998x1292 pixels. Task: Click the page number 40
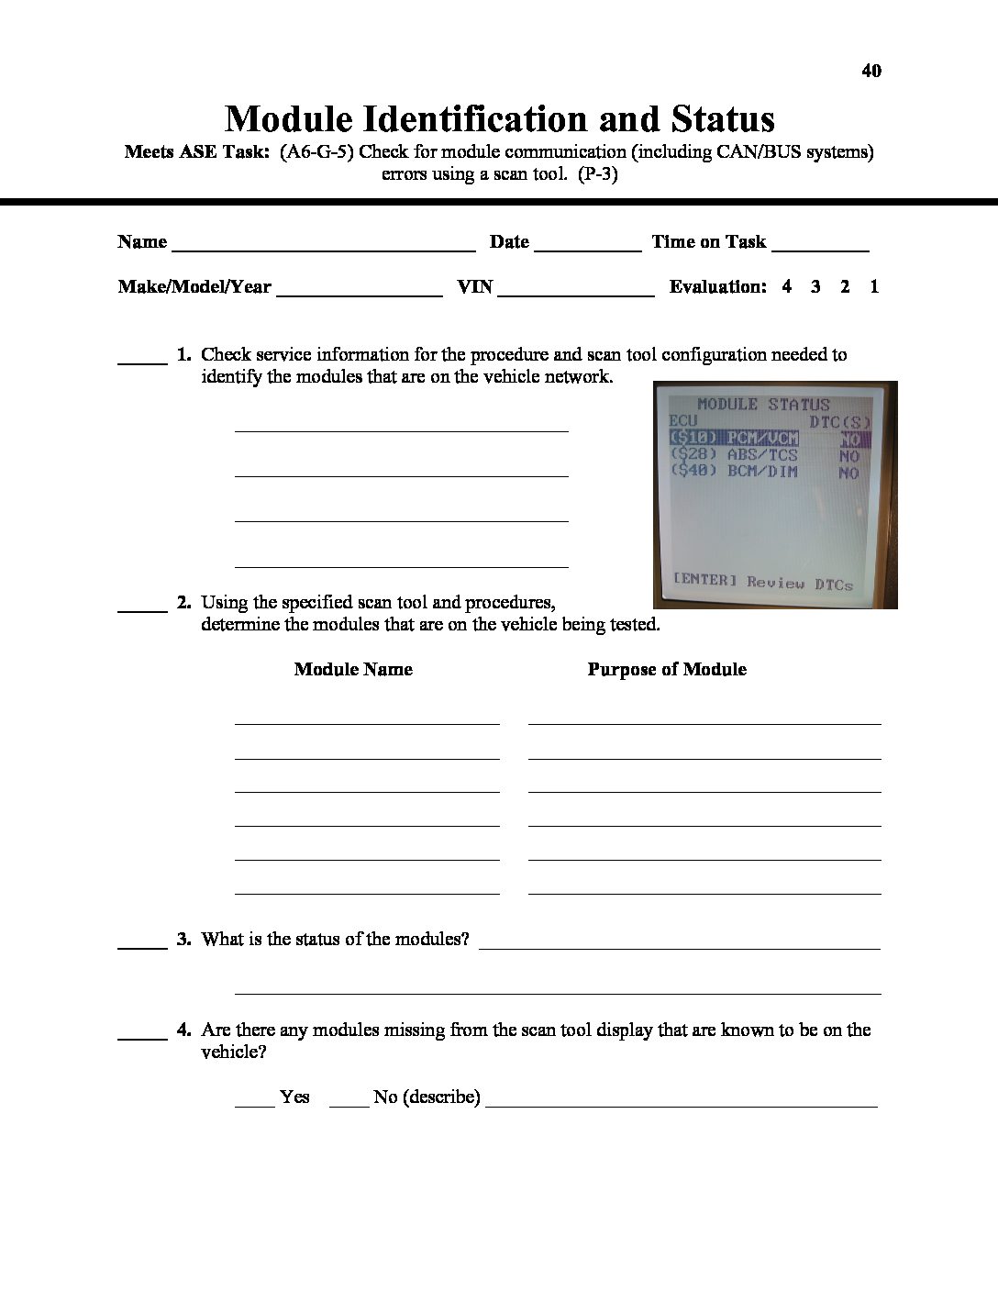(x=871, y=71)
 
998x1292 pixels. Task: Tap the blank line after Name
(x=323, y=248)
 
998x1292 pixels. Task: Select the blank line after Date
(x=587, y=248)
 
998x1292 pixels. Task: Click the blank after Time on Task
(x=820, y=248)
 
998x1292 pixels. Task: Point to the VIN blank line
(x=576, y=294)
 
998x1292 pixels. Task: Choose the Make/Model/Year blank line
(x=359, y=294)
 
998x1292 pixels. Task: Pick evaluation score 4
(x=787, y=286)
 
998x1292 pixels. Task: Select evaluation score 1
(x=874, y=286)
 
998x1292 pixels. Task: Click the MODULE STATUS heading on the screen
(x=763, y=404)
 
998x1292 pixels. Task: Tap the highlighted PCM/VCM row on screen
(x=734, y=438)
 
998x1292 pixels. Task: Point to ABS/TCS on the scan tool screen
(x=761, y=454)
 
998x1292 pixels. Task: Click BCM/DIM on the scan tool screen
(x=761, y=472)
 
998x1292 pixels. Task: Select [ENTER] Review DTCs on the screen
(x=762, y=582)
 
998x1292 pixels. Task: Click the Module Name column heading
(x=353, y=669)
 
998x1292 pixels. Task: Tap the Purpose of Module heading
(x=667, y=669)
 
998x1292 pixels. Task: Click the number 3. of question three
(x=184, y=939)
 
